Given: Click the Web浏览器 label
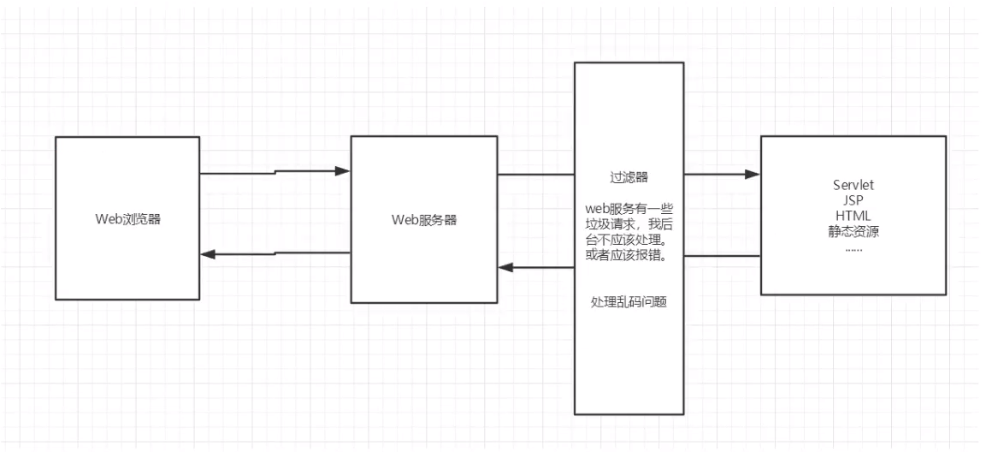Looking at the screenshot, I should tap(127, 219).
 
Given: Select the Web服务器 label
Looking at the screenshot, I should tap(423, 219).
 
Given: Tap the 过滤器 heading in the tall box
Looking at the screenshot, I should tap(629, 177).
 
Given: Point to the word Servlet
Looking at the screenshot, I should tap(853, 185).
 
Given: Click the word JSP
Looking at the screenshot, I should tap(853, 199).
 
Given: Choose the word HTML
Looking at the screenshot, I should tap(853, 214).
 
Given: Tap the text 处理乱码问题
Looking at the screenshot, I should tap(629, 302).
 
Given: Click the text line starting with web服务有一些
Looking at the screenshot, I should tap(629, 209).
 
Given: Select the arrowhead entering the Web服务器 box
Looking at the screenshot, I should tap(344, 171).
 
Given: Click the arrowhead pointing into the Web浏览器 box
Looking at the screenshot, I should tap(207, 254).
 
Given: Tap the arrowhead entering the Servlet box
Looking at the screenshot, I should tap(753, 175).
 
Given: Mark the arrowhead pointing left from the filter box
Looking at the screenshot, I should tap(506, 267).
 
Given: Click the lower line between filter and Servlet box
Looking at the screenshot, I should tap(723, 255).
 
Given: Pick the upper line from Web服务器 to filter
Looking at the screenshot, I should tap(536, 175).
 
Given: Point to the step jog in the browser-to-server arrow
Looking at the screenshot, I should tap(275, 173).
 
